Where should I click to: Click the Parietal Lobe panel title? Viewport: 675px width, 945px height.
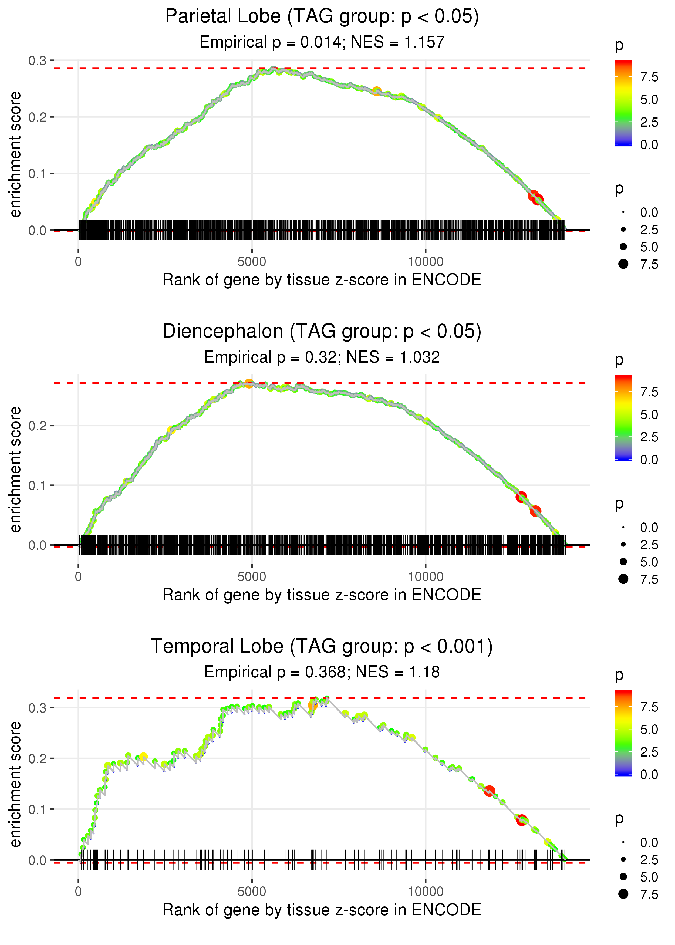pyautogui.click(x=322, y=17)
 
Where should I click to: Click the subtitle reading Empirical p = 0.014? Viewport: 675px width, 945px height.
pyautogui.click(x=322, y=42)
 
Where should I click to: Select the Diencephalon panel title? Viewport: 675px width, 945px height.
pyautogui.click(x=322, y=332)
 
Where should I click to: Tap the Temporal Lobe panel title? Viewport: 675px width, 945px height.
pyautogui.click(x=322, y=647)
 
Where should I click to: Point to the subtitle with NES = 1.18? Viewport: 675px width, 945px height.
pyautogui.click(x=322, y=672)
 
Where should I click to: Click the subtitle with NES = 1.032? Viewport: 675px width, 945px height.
pyautogui.click(x=322, y=357)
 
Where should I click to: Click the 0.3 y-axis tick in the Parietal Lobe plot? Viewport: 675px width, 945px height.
pyautogui.click(x=38, y=61)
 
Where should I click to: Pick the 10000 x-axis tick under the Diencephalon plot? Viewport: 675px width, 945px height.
pyautogui.click(x=425, y=576)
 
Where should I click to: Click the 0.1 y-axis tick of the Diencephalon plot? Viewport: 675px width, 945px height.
pyautogui.click(x=38, y=485)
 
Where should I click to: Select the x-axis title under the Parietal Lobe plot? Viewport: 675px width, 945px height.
pyautogui.click(x=322, y=280)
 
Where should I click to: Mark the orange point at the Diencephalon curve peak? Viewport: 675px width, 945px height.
pyautogui.click(x=249, y=383)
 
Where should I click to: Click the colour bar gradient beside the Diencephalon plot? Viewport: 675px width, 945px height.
pyautogui.click(x=623, y=418)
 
